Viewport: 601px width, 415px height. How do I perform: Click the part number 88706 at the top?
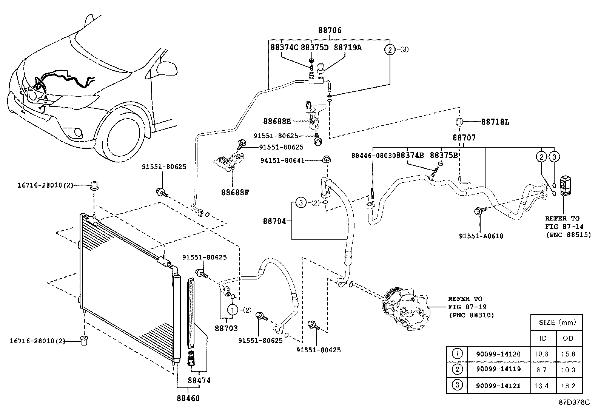tap(329, 31)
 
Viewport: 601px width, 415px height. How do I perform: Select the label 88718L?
tap(495, 122)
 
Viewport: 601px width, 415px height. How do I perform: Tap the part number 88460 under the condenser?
tap(188, 398)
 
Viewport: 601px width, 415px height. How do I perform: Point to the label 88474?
tap(199, 381)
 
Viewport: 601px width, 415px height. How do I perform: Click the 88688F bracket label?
tap(235, 192)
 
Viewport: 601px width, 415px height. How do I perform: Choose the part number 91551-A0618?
tap(481, 236)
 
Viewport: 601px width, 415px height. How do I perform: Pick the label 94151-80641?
tap(282, 160)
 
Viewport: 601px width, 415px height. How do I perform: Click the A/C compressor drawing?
tap(404, 308)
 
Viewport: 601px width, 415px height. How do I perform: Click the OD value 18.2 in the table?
tap(568, 386)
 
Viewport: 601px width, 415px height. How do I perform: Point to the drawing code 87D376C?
tap(574, 403)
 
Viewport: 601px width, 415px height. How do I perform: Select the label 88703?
tap(227, 329)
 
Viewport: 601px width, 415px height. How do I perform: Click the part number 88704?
tap(274, 221)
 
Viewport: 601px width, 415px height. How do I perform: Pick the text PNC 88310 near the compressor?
tap(472, 315)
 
